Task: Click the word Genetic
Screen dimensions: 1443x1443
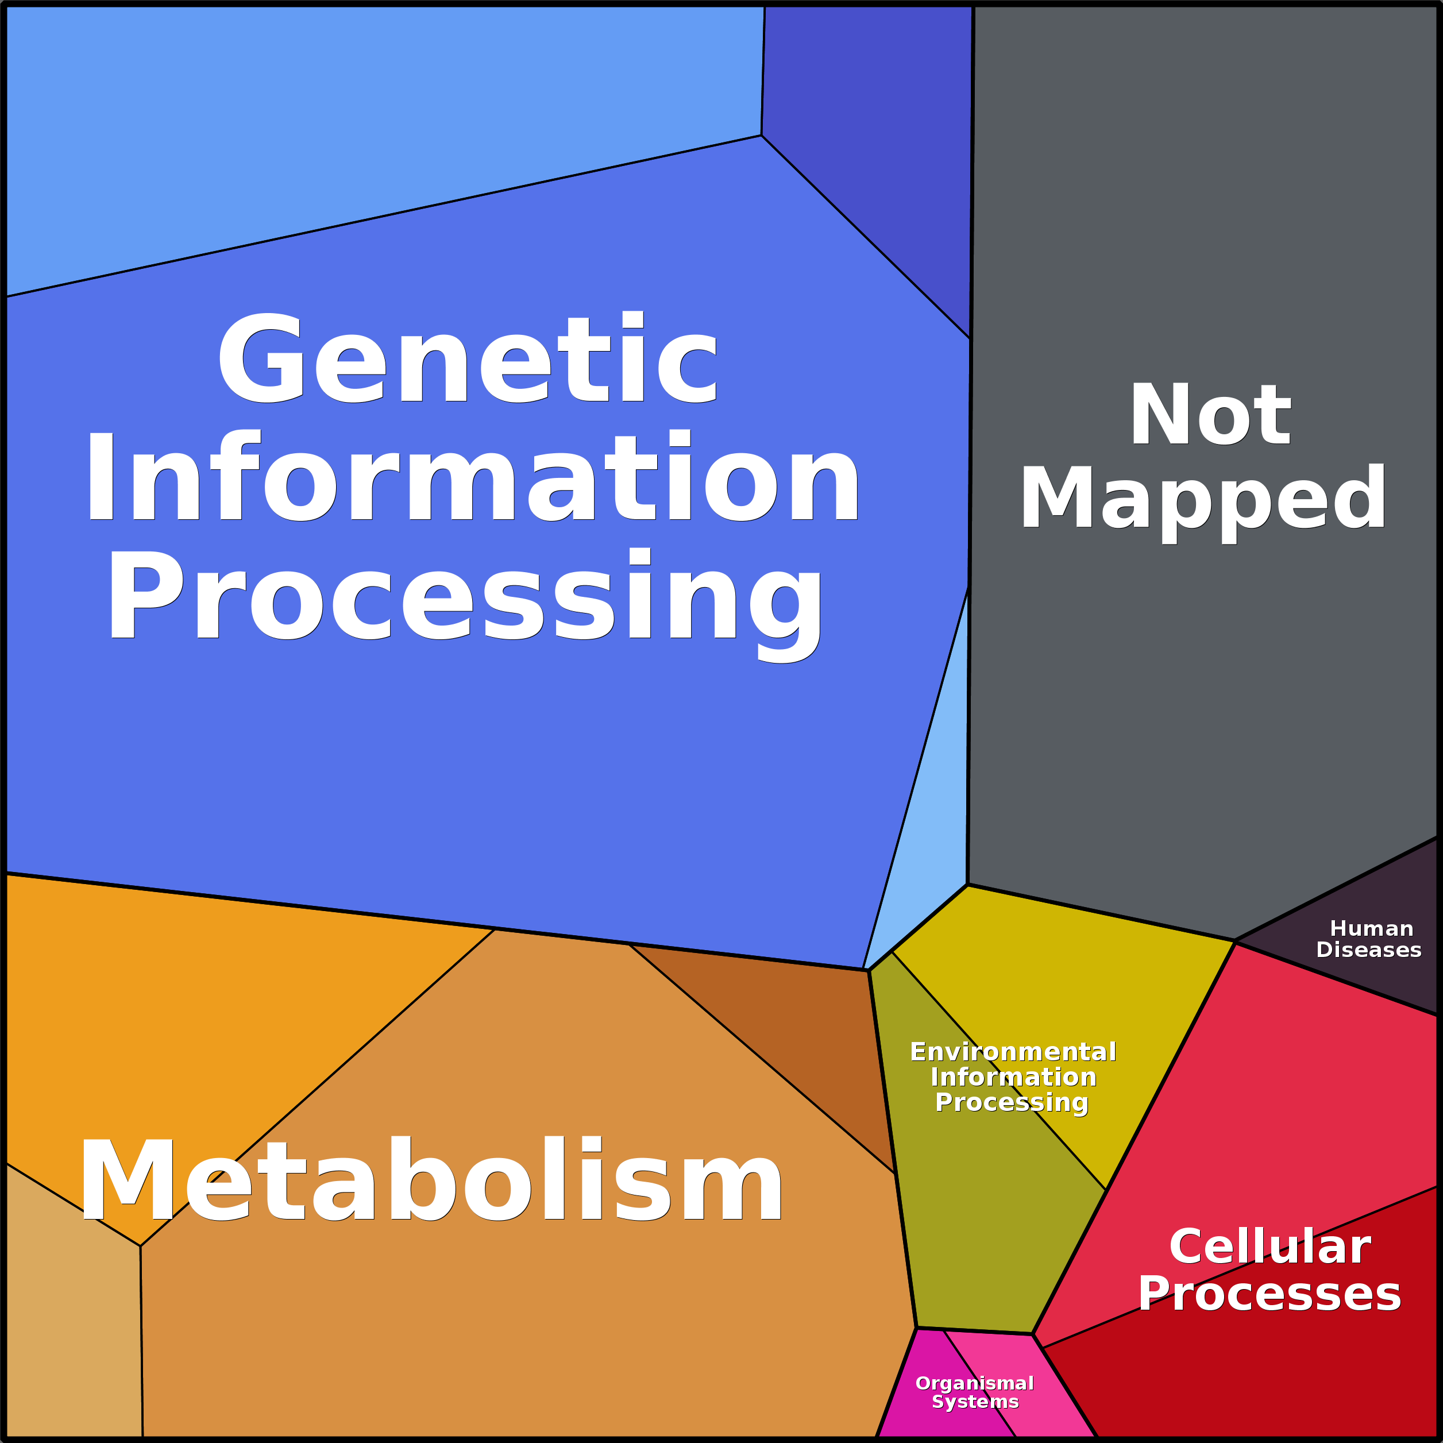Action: pyautogui.click(x=468, y=358)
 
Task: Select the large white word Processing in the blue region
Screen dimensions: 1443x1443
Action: pyautogui.click(x=465, y=597)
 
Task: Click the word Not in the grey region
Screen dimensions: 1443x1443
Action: pyautogui.click(x=1210, y=415)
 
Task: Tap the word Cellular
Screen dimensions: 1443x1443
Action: pyautogui.click(x=1270, y=1247)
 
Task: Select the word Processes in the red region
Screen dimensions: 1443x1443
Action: pyautogui.click(x=1270, y=1294)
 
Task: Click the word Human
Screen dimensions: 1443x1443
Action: pyautogui.click(x=1371, y=929)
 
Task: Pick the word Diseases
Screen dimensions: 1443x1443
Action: pyautogui.click(x=1369, y=950)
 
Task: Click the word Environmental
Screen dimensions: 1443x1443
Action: pyautogui.click(x=1013, y=1052)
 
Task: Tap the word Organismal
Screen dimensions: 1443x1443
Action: pyautogui.click(x=975, y=1383)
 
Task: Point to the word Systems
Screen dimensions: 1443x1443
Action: pyautogui.click(x=975, y=1402)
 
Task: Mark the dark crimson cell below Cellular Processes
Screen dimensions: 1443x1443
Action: pyautogui.click(x=1270, y=1374)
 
